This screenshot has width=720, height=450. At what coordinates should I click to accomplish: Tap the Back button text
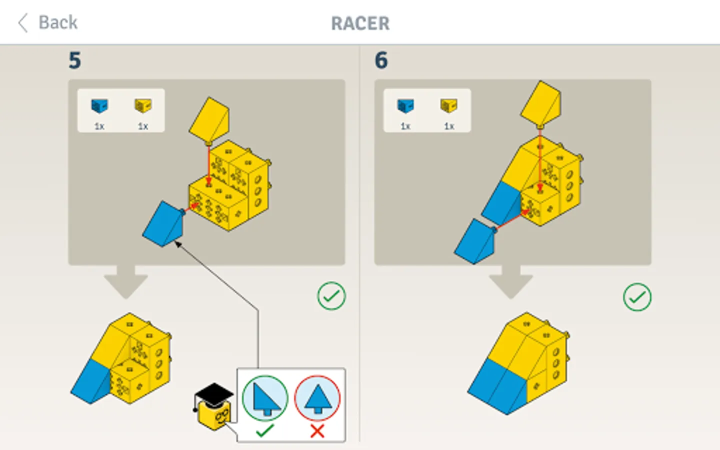(x=57, y=22)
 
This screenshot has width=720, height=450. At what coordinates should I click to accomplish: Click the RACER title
(x=360, y=23)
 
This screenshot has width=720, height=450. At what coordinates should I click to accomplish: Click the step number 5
(x=74, y=60)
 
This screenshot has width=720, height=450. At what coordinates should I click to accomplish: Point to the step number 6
(x=381, y=60)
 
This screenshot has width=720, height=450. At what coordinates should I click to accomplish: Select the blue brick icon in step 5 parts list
(x=99, y=105)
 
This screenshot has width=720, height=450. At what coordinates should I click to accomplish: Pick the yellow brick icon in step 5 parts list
(x=143, y=105)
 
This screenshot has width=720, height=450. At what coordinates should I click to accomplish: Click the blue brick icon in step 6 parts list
(x=405, y=105)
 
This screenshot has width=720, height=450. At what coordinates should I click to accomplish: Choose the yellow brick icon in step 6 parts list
(x=449, y=105)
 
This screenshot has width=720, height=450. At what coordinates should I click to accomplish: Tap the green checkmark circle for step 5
(x=331, y=296)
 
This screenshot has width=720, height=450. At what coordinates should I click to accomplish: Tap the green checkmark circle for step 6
(x=637, y=297)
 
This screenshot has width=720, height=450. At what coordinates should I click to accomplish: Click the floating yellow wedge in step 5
(x=209, y=119)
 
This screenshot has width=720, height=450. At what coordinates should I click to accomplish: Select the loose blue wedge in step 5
(x=163, y=224)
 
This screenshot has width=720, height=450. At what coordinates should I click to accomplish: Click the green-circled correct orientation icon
(x=265, y=398)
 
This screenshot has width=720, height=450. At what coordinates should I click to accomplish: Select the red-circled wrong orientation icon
(x=317, y=398)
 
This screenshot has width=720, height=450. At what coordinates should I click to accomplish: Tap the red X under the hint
(x=317, y=430)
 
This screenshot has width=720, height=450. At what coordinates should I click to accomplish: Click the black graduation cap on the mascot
(x=213, y=393)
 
